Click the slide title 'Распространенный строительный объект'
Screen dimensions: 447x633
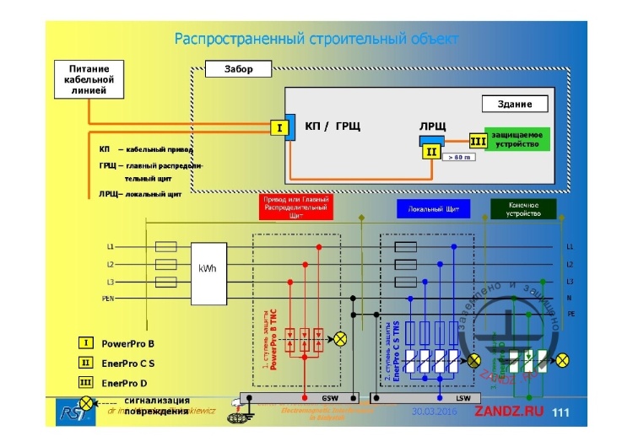[x=316, y=39]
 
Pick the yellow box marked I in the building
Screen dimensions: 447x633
[x=279, y=128]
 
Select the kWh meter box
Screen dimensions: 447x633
[x=208, y=268]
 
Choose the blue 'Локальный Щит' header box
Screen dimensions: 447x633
[x=432, y=207]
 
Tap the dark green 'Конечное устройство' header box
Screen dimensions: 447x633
[x=523, y=208]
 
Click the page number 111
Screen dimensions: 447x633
[x=560, y=412]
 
